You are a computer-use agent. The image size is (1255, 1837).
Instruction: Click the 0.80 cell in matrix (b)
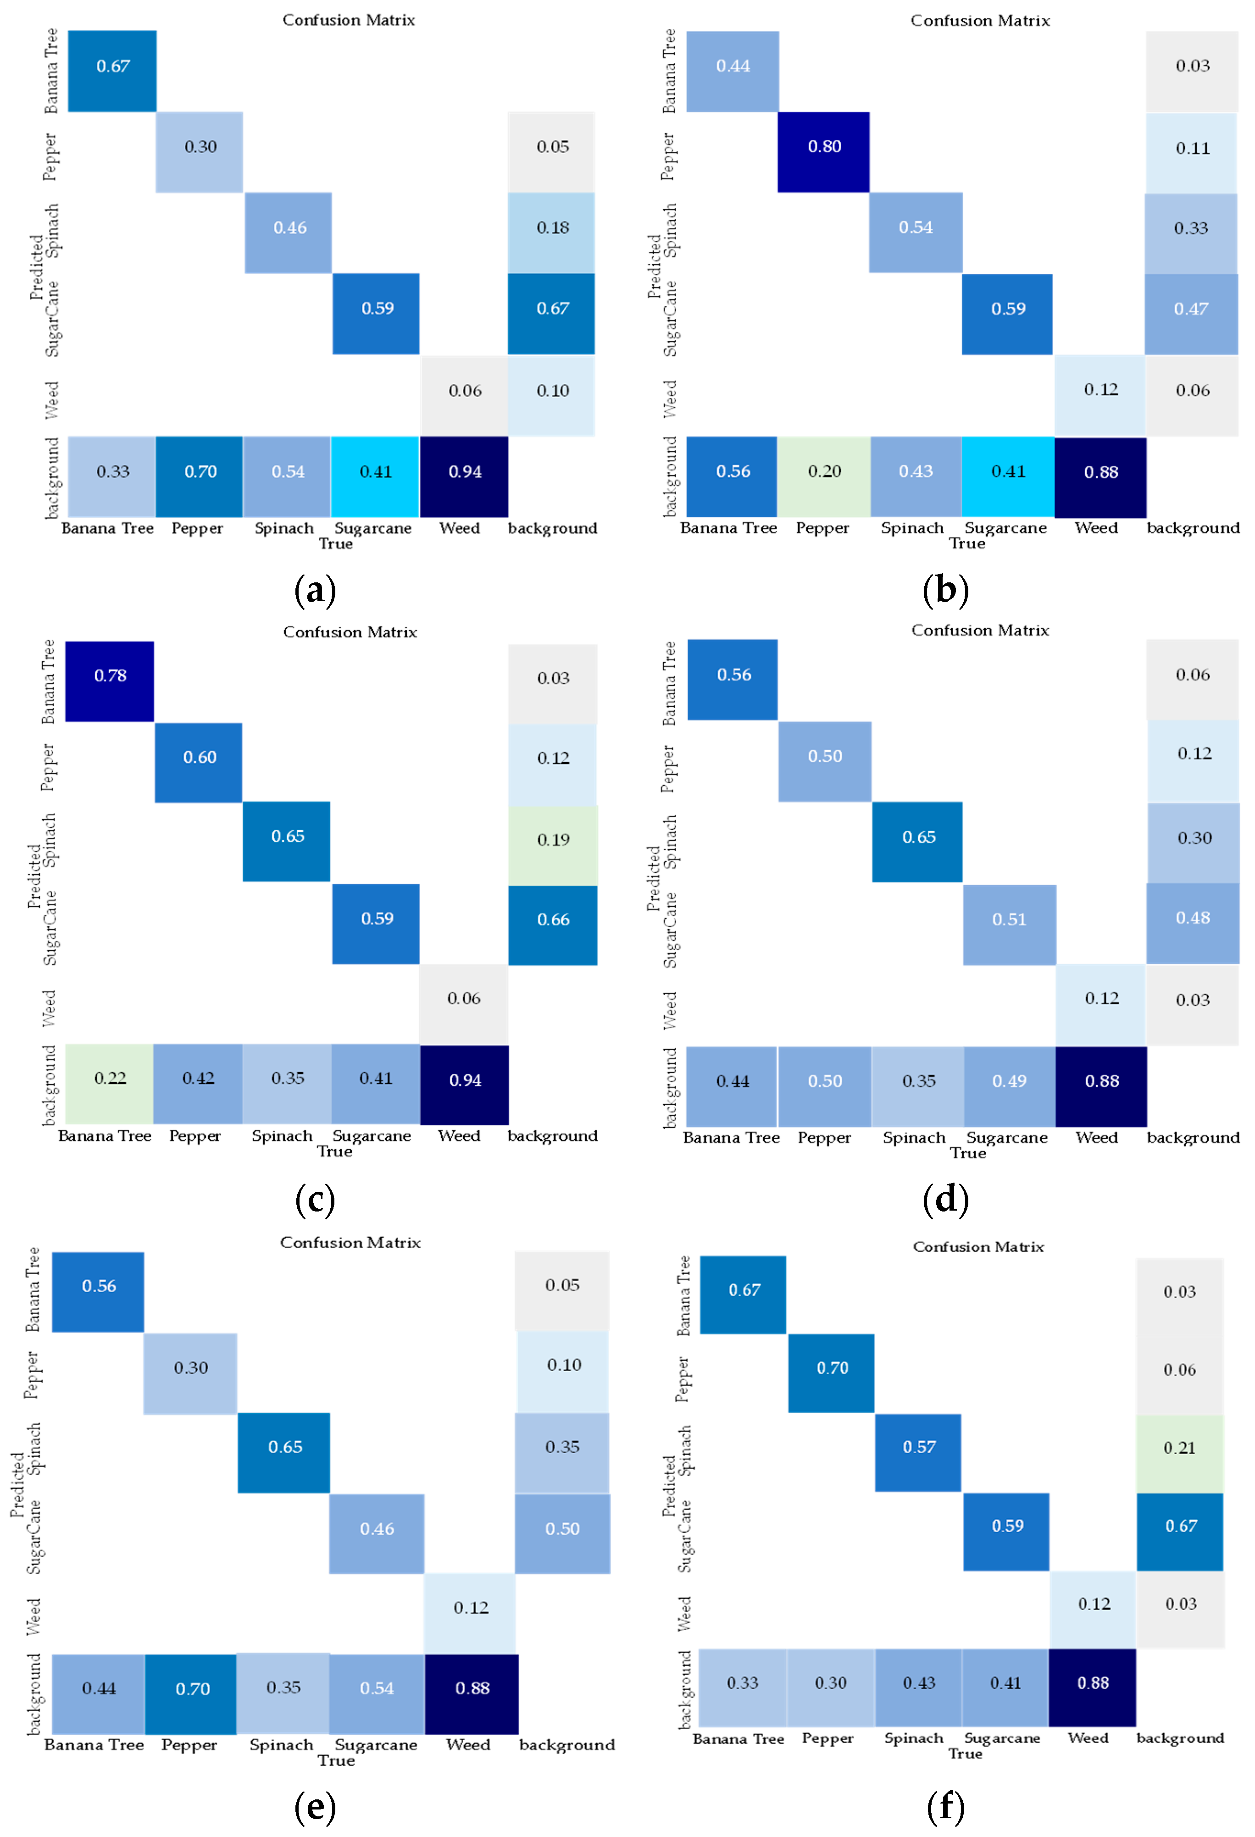(x=823, y=152)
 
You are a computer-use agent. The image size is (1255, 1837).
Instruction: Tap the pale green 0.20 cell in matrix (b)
(x=823, y=476)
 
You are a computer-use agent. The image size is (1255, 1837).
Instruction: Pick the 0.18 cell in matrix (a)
(x=551, y=232)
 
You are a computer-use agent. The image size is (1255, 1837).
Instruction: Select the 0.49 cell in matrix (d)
(x=1009, y=1085)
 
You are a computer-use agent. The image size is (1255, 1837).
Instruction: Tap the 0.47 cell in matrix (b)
(x=1191, y=314)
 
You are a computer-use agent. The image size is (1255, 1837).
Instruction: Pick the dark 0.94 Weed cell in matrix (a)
(x=464, y=476)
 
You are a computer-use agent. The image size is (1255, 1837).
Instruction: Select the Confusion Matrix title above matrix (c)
(x=350, y=632)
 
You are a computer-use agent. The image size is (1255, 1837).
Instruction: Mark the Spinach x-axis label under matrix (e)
(x=282, y=1744)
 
